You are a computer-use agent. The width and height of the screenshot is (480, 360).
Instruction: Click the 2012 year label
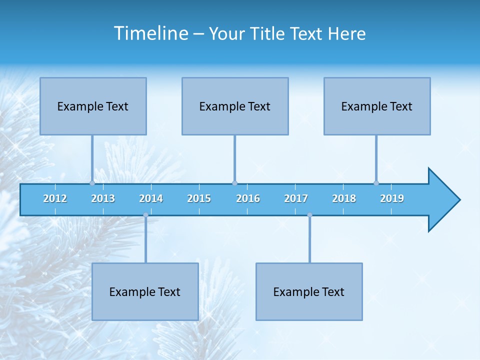click(55, 198)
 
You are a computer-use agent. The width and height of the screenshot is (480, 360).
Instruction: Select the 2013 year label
click(103, 198)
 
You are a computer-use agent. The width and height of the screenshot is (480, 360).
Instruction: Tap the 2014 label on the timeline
click(151, 198)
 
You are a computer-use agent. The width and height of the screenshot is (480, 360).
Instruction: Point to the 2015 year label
click(199, 198)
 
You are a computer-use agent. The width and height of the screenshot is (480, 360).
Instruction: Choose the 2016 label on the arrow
click(248, 198)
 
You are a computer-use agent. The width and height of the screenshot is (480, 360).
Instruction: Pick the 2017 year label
click(296, 198)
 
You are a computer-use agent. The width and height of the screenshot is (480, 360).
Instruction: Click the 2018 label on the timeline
click(344, 198)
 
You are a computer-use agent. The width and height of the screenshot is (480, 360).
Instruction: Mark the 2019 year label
click(392, 198)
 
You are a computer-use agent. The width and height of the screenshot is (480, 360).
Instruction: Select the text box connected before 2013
click(93, 106)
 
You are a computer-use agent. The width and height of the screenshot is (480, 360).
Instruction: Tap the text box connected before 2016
click(235, 106)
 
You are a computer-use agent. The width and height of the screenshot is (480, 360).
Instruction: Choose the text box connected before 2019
click(377, 106)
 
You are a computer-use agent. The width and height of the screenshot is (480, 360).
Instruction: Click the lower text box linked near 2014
click(145, 291)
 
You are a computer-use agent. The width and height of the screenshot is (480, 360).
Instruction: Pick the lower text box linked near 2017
click(309, 291)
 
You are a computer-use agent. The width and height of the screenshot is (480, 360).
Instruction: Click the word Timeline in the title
click(150, 33)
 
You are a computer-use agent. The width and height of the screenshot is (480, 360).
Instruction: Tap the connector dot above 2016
click(234, 183)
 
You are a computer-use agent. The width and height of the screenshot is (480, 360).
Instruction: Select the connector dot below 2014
click(145, 215)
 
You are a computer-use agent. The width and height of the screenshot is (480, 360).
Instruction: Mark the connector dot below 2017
click(309, 215)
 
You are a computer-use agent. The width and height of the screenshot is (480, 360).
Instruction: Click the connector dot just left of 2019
click(376, 183)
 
